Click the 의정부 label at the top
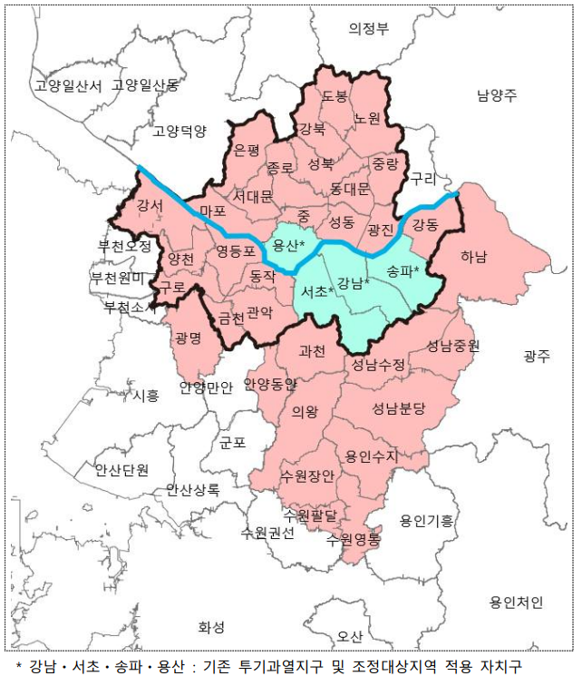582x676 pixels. (369, 28)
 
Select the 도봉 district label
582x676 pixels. (335, 95)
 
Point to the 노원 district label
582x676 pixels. (367, 118)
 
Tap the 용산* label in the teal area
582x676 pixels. (288, 245)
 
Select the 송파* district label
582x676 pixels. (402, 270)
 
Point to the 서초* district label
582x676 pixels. (317, 291)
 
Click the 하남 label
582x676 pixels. (473, 257)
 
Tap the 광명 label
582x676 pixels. (189, 338)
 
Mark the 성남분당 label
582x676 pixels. (399, 408)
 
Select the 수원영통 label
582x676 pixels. (354, 538)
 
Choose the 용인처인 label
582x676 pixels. (515, 602)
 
